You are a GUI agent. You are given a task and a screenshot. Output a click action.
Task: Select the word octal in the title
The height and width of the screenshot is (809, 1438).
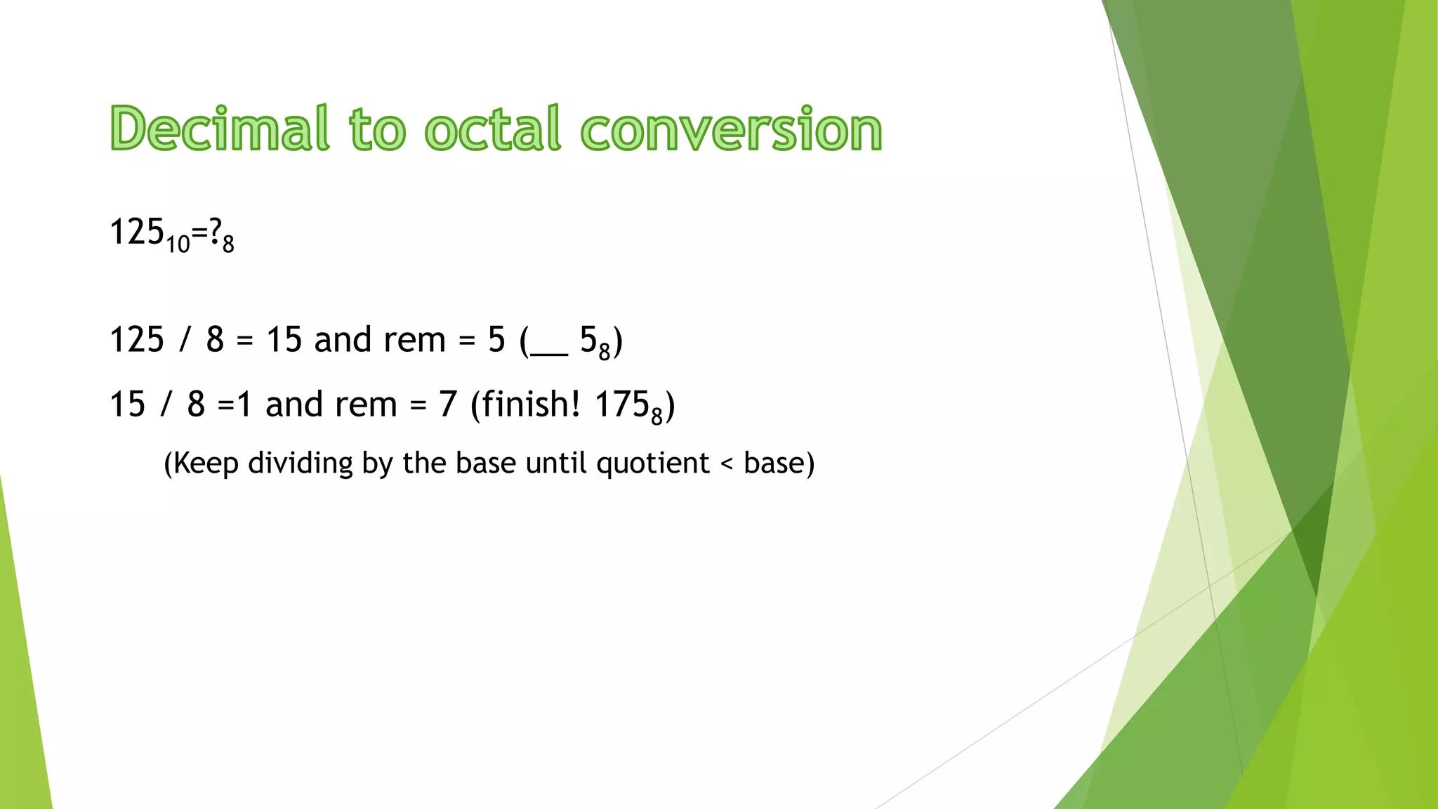click(493, 129)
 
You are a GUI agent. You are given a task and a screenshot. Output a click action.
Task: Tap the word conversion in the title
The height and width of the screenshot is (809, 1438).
click(731, 130)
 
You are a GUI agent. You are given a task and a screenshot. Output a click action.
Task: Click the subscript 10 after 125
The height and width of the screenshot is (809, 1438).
click(178, 244)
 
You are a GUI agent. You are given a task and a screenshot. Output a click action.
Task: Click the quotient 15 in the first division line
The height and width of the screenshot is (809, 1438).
click(284, 340)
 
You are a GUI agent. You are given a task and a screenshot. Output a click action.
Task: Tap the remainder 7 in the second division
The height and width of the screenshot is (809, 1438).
click(448, 404)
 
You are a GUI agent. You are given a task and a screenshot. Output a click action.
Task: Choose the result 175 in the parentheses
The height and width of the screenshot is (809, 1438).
click(621, 404)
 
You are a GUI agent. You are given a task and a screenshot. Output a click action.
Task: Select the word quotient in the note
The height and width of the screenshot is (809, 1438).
click(652, 463)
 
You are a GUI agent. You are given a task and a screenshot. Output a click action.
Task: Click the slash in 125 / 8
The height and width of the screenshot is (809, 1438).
click(185, 340)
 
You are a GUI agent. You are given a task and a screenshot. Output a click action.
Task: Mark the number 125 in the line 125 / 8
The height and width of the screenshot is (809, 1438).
click(137, 340)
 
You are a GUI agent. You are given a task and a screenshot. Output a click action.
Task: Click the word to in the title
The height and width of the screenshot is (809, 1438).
click(377, 130)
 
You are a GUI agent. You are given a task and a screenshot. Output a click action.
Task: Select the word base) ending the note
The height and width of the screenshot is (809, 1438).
click(778, 463)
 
